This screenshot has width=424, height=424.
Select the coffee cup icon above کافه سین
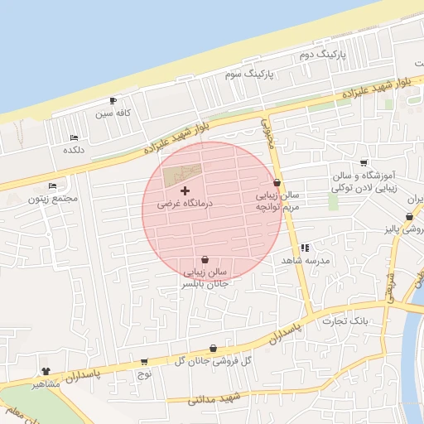[x=113, y=100]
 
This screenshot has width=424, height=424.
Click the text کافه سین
[x=113, y=113]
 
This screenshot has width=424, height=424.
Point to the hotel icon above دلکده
[x=74, y=137]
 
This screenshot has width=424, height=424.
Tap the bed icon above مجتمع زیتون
[x=53, y=185]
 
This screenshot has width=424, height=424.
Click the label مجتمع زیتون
[x=52, y=199]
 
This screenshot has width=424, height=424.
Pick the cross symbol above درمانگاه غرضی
[x=184, y=190]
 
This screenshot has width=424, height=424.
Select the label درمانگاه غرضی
[x=185, y=203]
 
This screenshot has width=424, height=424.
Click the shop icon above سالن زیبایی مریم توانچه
[x=276, y=182]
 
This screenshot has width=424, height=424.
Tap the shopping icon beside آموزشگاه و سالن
[x=364, y=162]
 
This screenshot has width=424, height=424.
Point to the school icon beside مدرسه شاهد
[x=305, y=247]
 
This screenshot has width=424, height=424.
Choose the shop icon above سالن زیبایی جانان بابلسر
[x=205, y=259]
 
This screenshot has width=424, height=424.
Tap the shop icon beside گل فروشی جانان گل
[x=213, y=349]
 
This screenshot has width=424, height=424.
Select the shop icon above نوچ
[x=144, y=361]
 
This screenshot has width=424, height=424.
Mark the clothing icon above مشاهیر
[x=46, y=372]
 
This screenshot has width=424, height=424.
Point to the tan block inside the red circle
[x=181, y=175]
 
